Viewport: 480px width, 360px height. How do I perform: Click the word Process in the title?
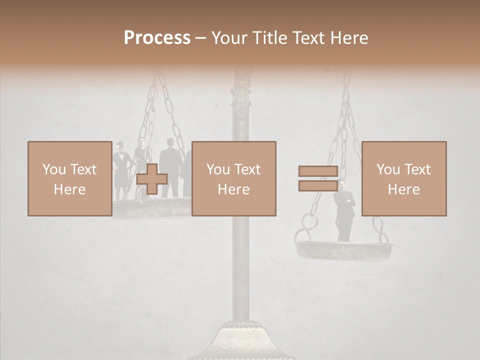tap(157, 38)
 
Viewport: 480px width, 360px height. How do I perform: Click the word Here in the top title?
tap(349, 38)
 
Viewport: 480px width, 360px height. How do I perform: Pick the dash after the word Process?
tap(200, 38)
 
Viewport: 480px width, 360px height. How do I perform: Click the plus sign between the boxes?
tap(152, 179)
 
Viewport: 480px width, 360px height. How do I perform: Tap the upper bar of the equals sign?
tap(318, 171)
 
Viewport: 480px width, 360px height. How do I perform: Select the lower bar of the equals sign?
tap(318, 185)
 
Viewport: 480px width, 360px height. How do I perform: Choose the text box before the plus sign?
tap(69, 178)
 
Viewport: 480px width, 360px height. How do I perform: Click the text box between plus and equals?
tap(233, 178)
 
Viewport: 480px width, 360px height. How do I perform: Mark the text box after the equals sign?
tap(404, 178)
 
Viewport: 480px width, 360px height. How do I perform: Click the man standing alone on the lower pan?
tap(344, 210)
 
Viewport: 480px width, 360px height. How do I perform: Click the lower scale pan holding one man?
tap(344, 249)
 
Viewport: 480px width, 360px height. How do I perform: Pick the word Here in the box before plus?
tap(69, 189)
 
